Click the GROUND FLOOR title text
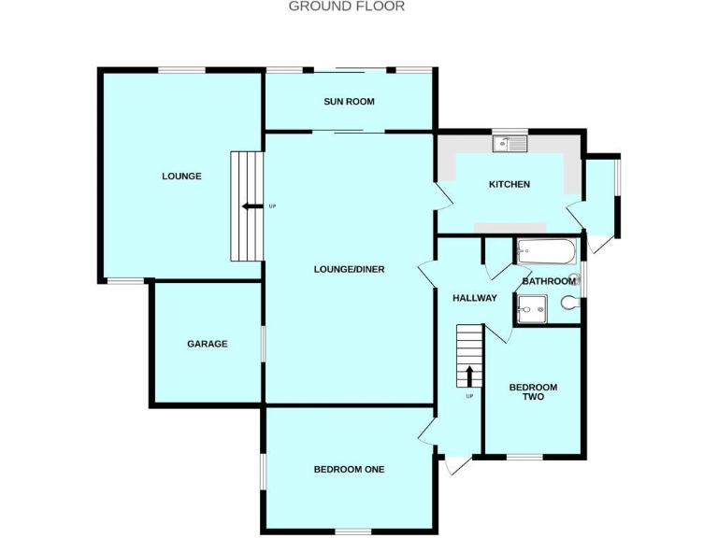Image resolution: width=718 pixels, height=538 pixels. pos(346,7)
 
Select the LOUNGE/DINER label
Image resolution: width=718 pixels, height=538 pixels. pos(349,269)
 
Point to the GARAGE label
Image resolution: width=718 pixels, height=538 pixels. pos(207,344)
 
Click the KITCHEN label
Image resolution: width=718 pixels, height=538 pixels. pos(510,184)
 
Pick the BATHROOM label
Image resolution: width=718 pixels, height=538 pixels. pos(549,281)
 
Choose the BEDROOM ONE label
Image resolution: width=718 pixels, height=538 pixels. pos(349,469)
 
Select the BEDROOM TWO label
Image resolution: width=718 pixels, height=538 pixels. pos(533,392)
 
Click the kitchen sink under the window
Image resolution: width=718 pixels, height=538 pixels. pos(511,145)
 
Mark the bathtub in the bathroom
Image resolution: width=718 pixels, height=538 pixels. pos(547,250)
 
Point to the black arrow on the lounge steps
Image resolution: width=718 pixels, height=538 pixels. pos(250,206)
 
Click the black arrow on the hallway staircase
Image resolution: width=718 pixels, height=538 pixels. pos(468,375)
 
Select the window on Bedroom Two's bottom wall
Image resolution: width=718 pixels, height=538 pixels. pos(524,457)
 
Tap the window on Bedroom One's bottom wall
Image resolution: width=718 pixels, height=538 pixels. pos(352,531)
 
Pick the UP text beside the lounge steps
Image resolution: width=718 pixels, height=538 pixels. pos(272,206)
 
